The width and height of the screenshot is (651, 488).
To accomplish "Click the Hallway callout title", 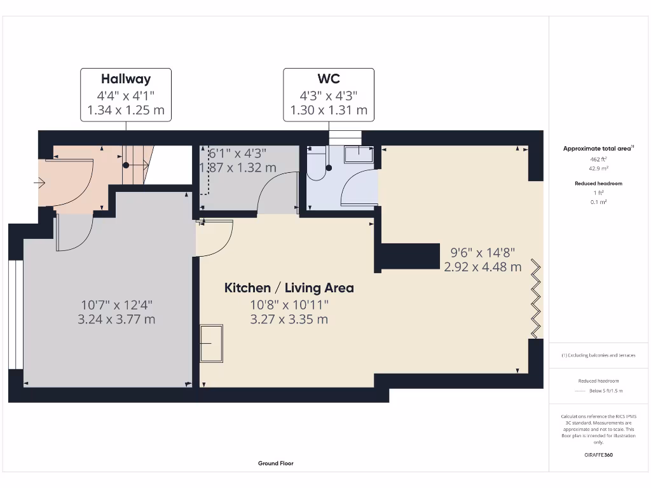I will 126,79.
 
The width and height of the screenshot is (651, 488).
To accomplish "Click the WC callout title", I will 329,79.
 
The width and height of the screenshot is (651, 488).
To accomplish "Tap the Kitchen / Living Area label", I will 289,288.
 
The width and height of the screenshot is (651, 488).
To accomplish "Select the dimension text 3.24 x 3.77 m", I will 116,320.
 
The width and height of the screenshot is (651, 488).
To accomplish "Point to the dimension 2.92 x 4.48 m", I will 483,267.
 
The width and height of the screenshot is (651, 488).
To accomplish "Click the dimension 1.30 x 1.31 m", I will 329,110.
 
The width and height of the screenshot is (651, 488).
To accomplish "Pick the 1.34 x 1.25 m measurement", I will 126,110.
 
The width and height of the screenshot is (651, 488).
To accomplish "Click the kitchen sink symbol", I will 212,343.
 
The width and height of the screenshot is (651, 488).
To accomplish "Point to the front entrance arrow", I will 39,184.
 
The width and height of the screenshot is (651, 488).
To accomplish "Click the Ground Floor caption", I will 276,464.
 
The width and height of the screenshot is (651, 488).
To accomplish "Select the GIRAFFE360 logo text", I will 598,455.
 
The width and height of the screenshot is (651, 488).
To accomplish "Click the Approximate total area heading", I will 598,149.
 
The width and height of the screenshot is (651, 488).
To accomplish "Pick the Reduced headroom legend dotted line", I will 579,391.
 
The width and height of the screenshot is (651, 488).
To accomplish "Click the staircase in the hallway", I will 137,165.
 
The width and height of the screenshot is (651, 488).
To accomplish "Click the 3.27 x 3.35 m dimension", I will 289,320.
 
